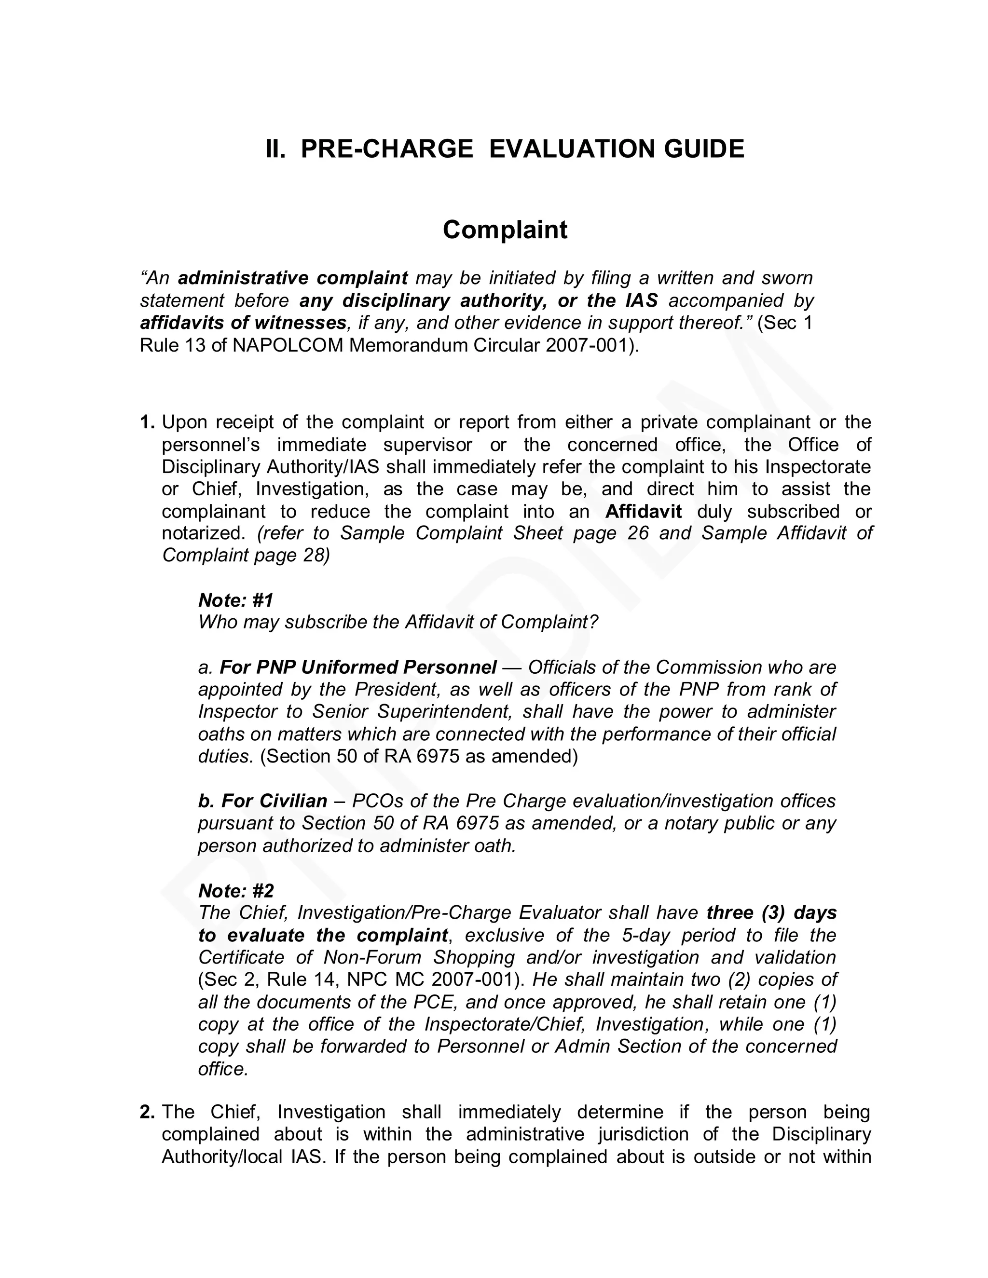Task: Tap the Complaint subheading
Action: (505, 230)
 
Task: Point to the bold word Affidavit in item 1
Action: (643, 511)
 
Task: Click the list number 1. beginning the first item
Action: (148, 422)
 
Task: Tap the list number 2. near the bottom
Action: (148, 1112)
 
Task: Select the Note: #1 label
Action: (236, 600)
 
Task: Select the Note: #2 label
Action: (236, 891)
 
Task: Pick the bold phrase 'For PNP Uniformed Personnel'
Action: (357, 667)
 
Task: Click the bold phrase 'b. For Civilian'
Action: (263, 801)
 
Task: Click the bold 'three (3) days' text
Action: (771, 913)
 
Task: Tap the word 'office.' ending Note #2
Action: (223, 1069)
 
